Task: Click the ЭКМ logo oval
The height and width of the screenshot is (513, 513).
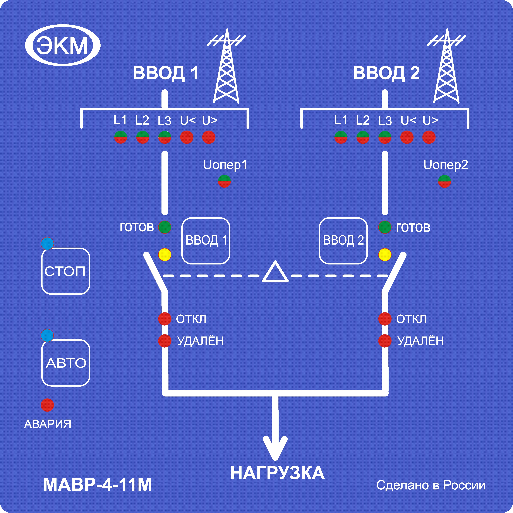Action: pos(63,45)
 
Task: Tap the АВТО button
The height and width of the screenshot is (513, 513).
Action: pos(66,363)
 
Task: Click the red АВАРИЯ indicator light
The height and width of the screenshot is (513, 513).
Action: pos(47,405)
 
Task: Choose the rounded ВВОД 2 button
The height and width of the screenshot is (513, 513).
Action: pos(343,241)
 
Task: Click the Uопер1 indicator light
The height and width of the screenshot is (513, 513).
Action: pos(224,181)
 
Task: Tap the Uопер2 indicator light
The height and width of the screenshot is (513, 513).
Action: pos(444,181)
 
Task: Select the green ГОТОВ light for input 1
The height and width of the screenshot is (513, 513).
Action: pos(165,227)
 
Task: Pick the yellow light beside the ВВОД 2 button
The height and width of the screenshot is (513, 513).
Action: pos(385,255)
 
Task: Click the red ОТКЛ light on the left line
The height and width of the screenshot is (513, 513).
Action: pos(165,319)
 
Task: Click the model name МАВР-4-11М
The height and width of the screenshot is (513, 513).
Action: pos(97,485)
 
